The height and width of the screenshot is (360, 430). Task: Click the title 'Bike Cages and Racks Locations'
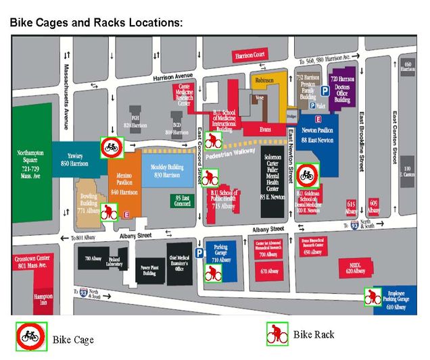click(x=95, y=22)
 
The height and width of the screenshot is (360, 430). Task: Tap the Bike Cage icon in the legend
click(x=30, y=336)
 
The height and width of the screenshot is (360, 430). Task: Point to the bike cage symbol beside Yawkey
click(x=111, y=147)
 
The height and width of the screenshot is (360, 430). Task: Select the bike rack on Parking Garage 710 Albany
click(x=214, y=274)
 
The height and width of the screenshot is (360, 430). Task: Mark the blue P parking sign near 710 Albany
click(x=199, y=253)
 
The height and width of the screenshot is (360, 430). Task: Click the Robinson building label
click(x=265, y=81)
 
